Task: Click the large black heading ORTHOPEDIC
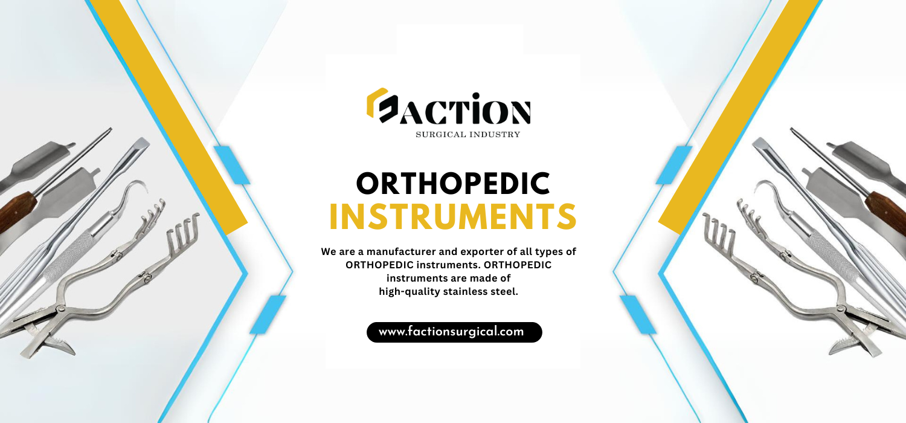pos(453,184)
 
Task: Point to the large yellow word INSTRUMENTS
pos(453,217)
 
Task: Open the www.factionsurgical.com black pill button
pos(454,332)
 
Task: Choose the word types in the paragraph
pos(549,252)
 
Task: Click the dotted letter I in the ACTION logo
pos(476,108)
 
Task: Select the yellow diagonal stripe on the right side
pos(739,117)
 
